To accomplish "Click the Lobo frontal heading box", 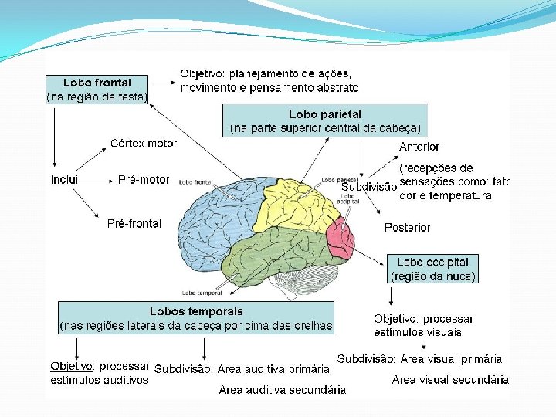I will pos(97,90).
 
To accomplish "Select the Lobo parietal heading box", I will pos(325,121).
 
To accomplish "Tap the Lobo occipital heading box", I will pos(432,269).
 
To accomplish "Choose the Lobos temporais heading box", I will pos(196,318).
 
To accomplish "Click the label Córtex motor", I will pos(144,144).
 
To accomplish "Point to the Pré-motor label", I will pos(144,180).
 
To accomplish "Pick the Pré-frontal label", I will pos(134,224).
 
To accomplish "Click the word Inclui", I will pos(65,180).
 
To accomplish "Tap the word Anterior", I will pos(419,147).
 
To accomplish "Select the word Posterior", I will pos(408,228).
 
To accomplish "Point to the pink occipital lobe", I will pos(340,236).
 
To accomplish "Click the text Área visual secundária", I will pos(450,380).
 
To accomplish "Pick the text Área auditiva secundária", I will pos(283,390).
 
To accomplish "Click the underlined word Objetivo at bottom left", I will pos(72,366).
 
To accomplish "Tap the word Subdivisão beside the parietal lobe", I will pos(369,186).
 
